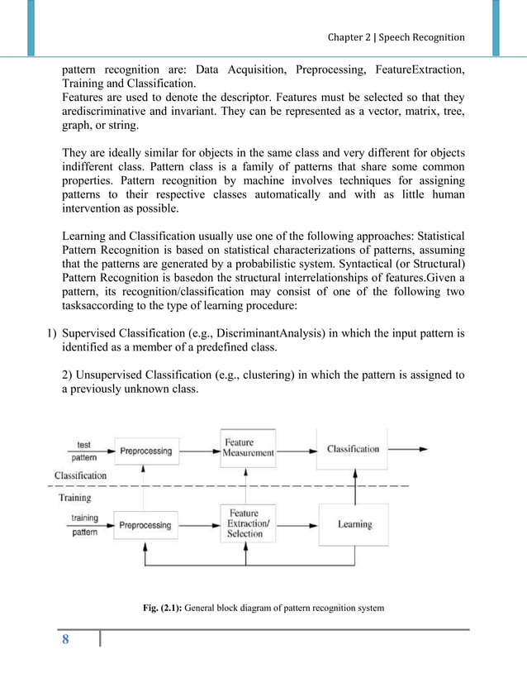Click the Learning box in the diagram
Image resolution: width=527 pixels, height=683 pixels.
(x=354, y=524)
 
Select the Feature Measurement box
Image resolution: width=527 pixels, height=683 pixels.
(x=249, y=447)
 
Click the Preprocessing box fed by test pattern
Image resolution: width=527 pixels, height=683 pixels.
(x=146, y=451)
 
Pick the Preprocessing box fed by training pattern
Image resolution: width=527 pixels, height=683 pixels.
(x=146, y=525)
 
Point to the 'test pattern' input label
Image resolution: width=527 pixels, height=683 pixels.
(x=83, y=450)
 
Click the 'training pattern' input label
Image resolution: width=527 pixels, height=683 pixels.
(x=83, y=525)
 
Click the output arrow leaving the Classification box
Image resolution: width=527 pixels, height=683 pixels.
(x=407, y=449)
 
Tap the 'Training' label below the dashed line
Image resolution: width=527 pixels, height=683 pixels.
(x=74, y=498)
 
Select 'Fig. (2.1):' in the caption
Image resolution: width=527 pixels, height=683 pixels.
(x=162, y=609)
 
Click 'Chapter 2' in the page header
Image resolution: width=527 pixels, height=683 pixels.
(x=349, y=37)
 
